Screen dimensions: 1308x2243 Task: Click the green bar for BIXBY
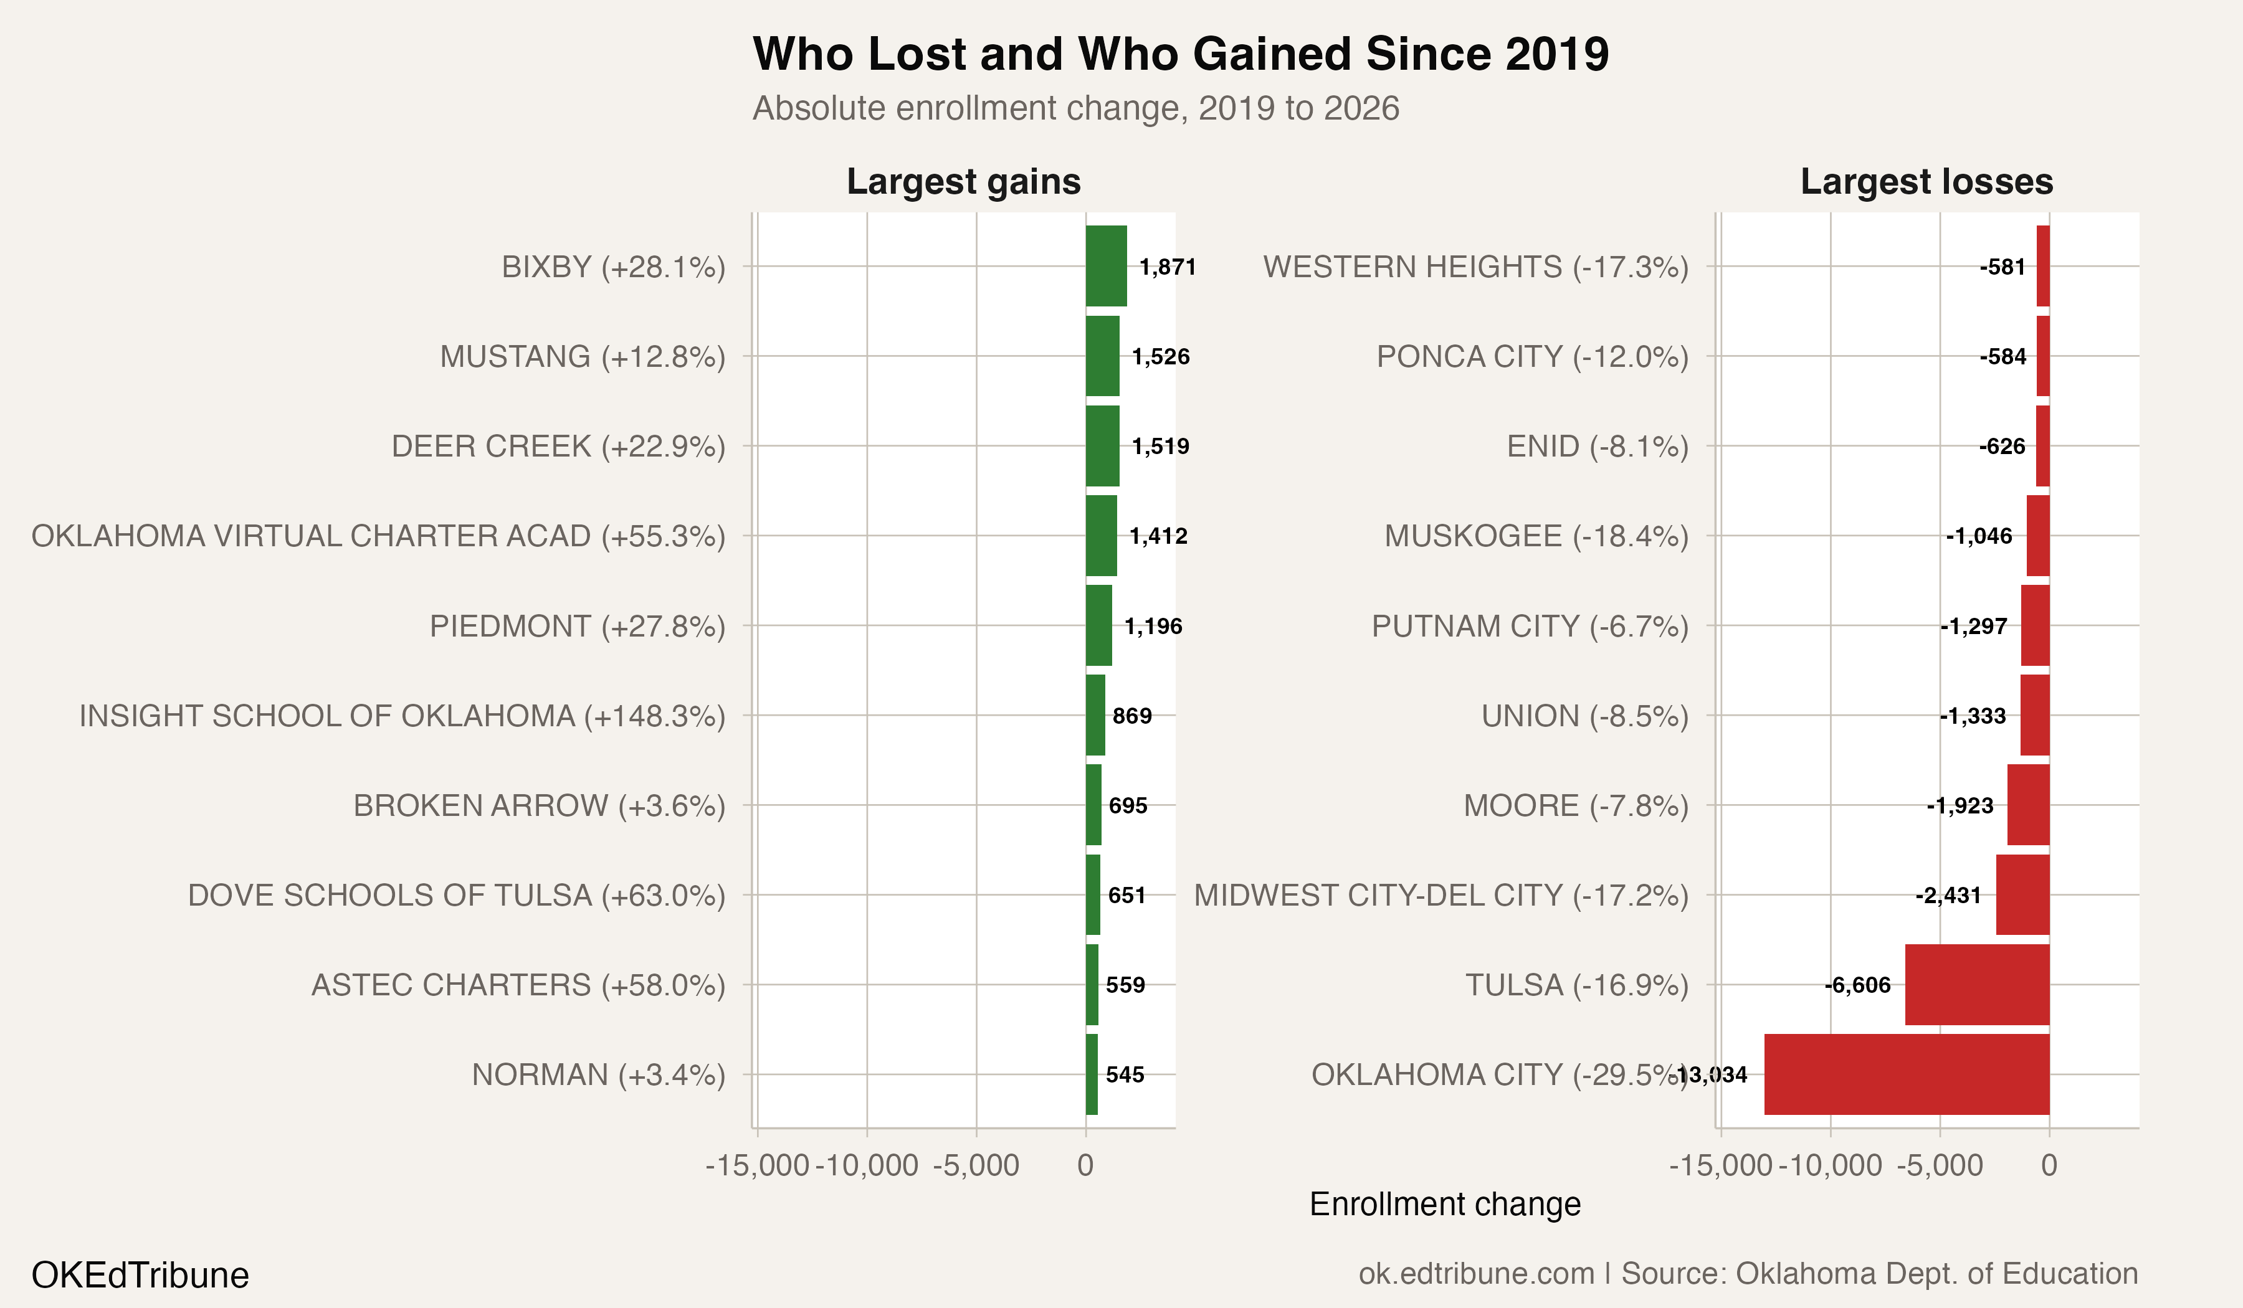(1105, 266)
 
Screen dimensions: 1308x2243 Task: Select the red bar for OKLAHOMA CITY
(1907, 1074)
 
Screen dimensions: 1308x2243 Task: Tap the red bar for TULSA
(1977, 984)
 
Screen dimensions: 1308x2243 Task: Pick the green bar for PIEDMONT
(1098, 625)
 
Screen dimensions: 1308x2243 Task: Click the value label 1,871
(1167, 267)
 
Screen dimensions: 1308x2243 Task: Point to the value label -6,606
(1857, 985)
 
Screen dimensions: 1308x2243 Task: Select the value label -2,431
(1948, 895)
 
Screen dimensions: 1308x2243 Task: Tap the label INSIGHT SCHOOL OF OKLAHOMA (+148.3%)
(402, 716)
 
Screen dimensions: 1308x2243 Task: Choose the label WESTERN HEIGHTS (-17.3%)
(1475, 267)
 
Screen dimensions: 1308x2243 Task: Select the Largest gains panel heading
(963, 181)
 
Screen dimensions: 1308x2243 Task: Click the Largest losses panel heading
(1926, 181)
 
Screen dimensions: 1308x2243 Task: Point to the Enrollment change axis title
(1445, 1204)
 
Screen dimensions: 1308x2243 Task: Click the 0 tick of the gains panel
(1085, 1165)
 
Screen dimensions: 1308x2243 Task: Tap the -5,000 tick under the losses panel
(1940, 1165)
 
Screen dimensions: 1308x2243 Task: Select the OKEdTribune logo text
(140, 1275)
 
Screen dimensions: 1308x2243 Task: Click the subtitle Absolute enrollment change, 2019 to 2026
(1075, 108)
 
